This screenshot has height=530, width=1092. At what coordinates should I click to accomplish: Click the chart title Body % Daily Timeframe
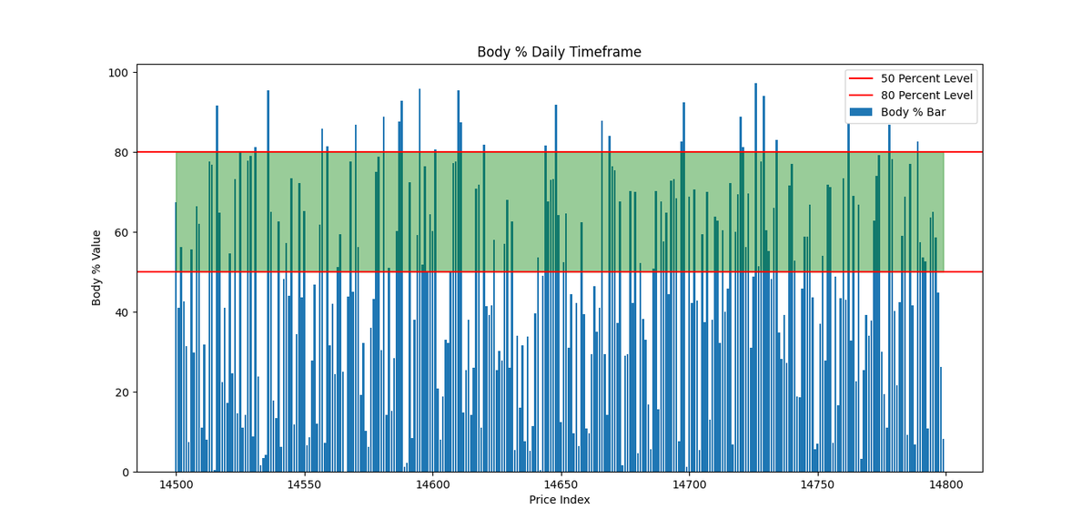pyautogui.click(x=559, y=52)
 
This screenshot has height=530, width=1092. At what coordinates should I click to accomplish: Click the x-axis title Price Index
pyautogui.click(x=559, y=500)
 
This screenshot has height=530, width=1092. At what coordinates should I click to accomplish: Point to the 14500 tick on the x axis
pyautogui.click(x=176, y=484)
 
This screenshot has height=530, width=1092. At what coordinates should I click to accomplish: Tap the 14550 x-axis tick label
pyautogui.click(x=304, y=484)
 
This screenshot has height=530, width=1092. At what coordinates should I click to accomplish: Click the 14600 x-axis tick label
pyautogui.click(x=432, y=484)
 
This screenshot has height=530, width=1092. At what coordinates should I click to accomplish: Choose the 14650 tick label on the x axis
pyautogui.click(x=561, y=484)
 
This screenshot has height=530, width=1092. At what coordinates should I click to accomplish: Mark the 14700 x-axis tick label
pyautogui.click(x=689, y=484)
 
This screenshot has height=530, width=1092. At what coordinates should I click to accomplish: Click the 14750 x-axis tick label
pyautogui.click(x=817, y=484)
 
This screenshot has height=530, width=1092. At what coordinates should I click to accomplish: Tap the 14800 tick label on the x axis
pyautogui.click(x=945, y=484)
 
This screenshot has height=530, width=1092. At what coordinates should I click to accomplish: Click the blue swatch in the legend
pyautogui.click(x=860, y=112)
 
